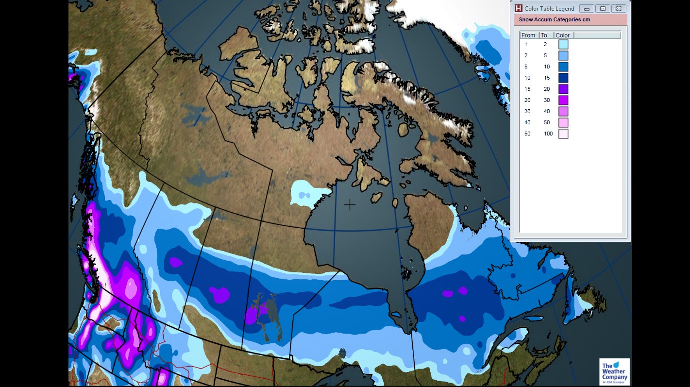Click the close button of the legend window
[x=618, y=8]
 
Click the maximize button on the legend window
[x=603, y=8]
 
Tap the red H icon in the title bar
[x=519, y=8]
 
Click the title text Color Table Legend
[x=549, y=8]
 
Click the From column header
[x=528, y=35]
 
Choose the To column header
[x=544, y=35]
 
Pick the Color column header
[x=563, y=35]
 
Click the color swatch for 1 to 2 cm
[x=563, y=45]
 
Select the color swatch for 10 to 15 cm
[x=563, y=78]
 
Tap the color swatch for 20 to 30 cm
[x=563, y=101]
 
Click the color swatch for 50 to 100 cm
[x=563, y=134]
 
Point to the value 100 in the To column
[x=548, y=134]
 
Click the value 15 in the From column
[x=527, y=89]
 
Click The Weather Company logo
[x=614, y=372]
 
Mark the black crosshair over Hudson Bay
[x=350, y=204]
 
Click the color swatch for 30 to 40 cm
[x=563, y=112]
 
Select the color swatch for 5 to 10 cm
[x=563, y=67]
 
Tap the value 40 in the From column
[x=527, y=122]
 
